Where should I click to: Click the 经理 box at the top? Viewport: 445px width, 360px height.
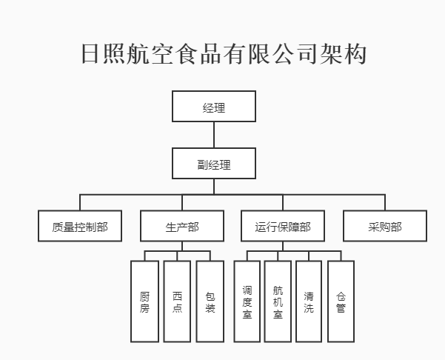[x=214, y=107]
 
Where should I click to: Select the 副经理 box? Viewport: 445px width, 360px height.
[x=214, y=164]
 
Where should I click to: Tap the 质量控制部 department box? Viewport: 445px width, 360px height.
[x=80, y=226]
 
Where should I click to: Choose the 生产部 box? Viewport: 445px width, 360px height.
[x=182, y=226]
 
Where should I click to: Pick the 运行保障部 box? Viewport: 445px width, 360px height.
[x=283, y=226]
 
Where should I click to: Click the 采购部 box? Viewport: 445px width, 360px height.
[x=385, y=226]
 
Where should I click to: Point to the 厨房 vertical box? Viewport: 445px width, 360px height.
[x=144, y=301]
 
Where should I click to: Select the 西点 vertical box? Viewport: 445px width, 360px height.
[x=177, y=301]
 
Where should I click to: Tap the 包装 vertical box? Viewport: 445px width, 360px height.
[x=210, y=301]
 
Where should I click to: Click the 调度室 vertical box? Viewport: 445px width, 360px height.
[x=247, y=301]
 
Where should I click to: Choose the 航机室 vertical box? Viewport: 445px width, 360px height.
[x=278, y=301]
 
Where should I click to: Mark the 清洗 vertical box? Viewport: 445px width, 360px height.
[x=309, y=301]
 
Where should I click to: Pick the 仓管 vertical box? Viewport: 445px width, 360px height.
[x=341, y=301]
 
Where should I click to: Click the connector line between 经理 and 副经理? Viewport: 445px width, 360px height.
[x=214, y=135]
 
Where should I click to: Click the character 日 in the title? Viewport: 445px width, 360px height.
[x=90, y=53]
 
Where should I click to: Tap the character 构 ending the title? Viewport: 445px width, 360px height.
[x=355, y=53]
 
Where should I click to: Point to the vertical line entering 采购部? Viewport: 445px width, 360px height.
[x=385, y=202]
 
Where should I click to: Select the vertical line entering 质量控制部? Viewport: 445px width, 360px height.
[x=80, y=202]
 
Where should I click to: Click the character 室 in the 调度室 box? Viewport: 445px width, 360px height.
[x=247, y=314]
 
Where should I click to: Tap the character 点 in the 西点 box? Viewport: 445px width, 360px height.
[x=177, y=307]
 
